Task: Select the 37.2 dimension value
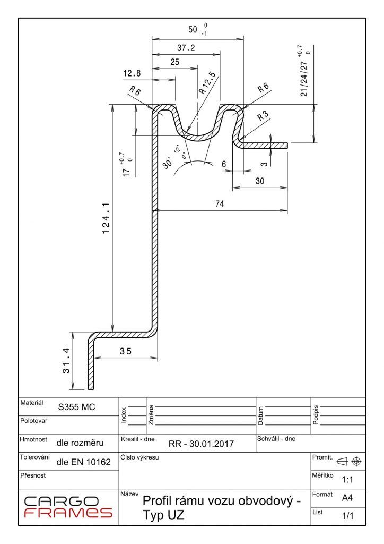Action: pyautogui.click(x=186, y=48)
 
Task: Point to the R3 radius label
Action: pyautogui.click(x=262, y=117)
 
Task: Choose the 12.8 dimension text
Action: pyautogui.click(x=132, y=73)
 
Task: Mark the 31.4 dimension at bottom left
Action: pyautogui.click(x=66, y=360)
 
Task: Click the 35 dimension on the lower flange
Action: pyautogui.click(x=125, y=351)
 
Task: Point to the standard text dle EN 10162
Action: pyautogui.click(x=83, y=462)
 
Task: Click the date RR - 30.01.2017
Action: pyautogui.click(x=201, y=444)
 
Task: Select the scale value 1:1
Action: pyautogui.click(x=347, y=480)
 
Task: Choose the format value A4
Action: pyautogui.click(x=347, y=498)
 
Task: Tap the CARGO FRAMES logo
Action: pyautogui.click(x=68, y=507)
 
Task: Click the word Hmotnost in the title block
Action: pyautogui.click(x=33, y=440)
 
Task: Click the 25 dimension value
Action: pyautogui.click(x=174, y=62)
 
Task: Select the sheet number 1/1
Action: pyautogui.click(x=348, y=515)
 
